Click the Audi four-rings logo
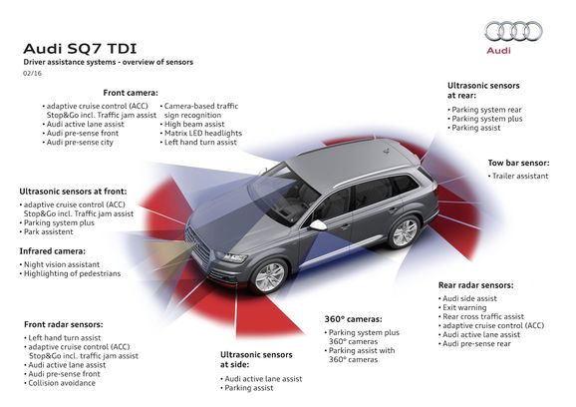tap(513, 32)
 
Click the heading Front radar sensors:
tap(64, 324)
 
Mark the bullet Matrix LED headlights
tap(204, 134)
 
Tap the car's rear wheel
tap(404, 232)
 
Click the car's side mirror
tap(318, 225)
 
